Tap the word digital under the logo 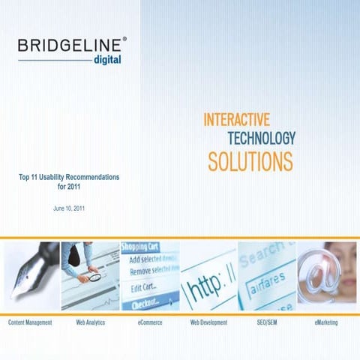point(106,59)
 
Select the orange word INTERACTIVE point(236,119)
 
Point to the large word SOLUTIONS point(250,160)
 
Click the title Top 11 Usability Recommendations point(69,177)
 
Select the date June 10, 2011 point(69,208)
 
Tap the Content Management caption point(30,322)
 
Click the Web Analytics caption point(90,322)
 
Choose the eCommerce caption point(150,322)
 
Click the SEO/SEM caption point(267,322)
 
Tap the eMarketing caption point(326,322)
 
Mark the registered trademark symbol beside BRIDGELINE point(124,37)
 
